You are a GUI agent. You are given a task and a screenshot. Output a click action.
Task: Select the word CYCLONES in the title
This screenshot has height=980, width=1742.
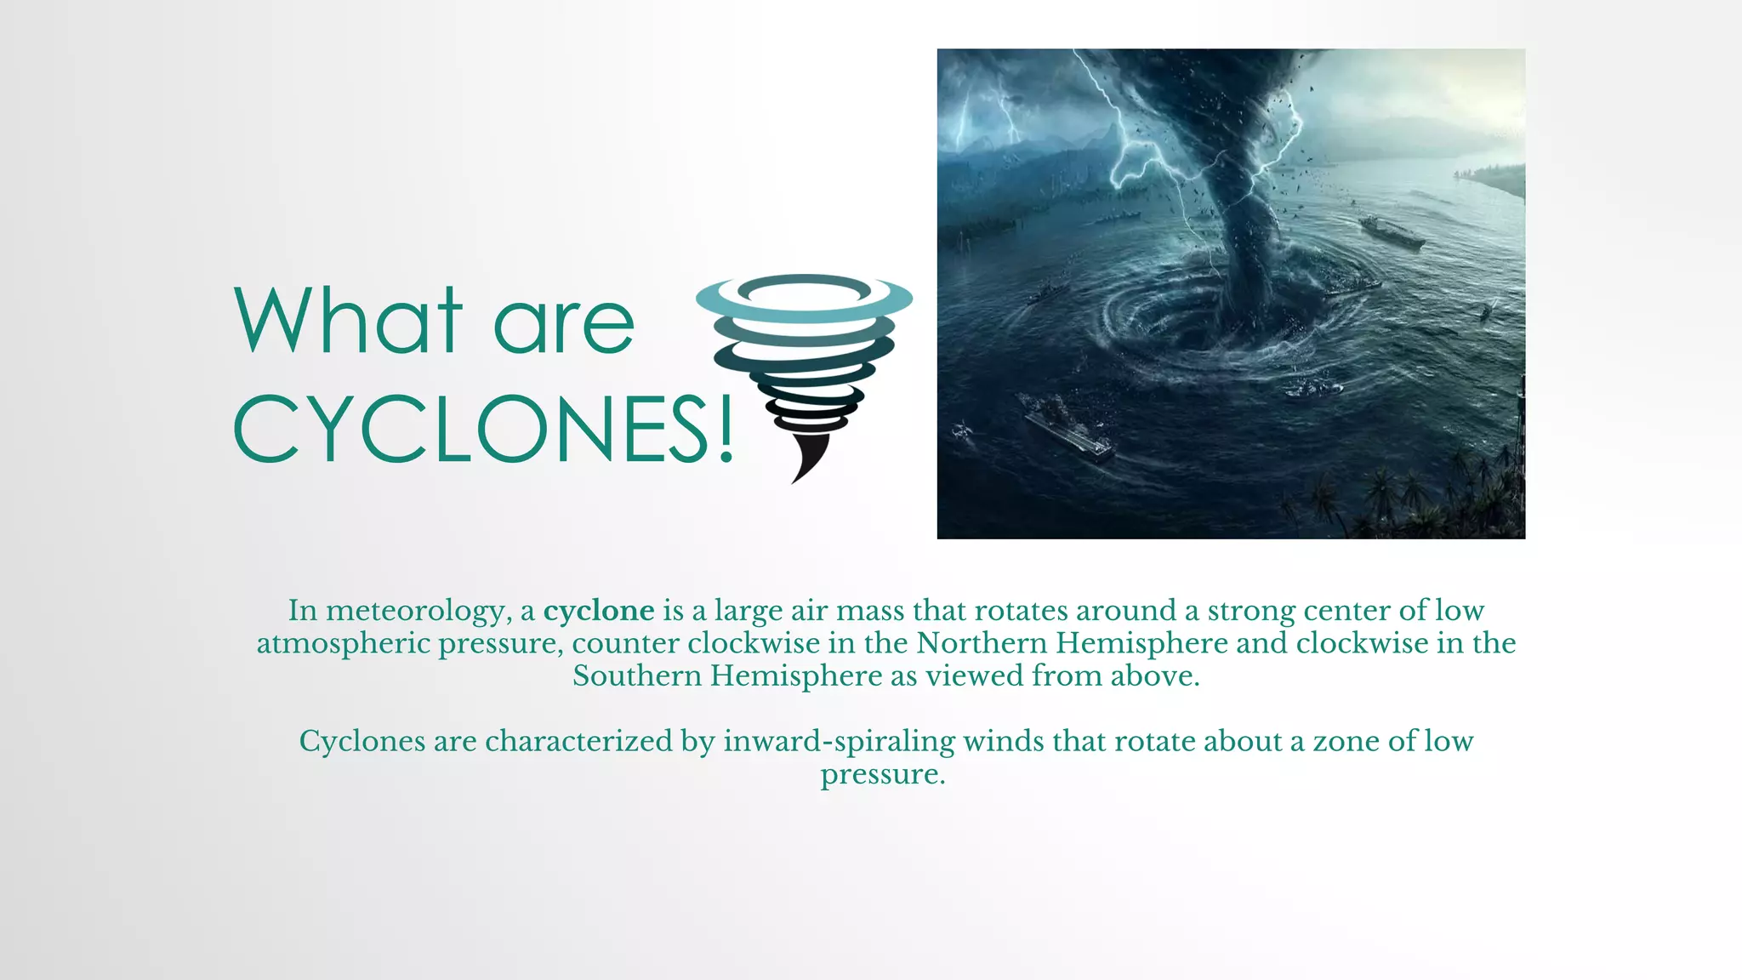click(469, 429)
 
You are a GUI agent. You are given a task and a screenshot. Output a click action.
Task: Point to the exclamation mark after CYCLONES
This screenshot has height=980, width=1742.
click(726, 429)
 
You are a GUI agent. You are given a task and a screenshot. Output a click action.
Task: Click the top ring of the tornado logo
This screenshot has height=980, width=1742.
click(804, 298)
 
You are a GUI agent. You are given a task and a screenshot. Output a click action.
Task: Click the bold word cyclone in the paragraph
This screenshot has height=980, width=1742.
click(599, 611)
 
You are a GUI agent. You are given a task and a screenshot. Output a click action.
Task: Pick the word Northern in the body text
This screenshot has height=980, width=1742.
click(982, 643)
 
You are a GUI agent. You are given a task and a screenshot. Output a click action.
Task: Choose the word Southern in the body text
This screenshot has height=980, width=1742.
click(637, 676)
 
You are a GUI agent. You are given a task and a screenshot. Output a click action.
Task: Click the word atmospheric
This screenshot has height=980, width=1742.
click(343, 644)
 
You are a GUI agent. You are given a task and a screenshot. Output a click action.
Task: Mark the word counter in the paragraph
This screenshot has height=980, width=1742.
click(626, 643)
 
